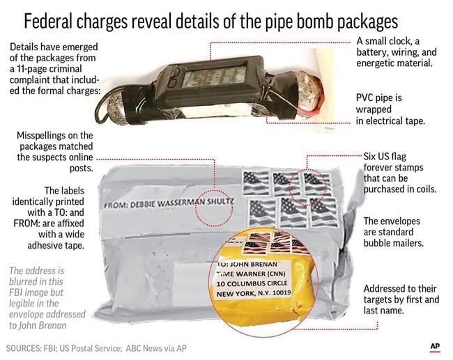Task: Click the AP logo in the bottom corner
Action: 434,346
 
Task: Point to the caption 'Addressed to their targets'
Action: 401,299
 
